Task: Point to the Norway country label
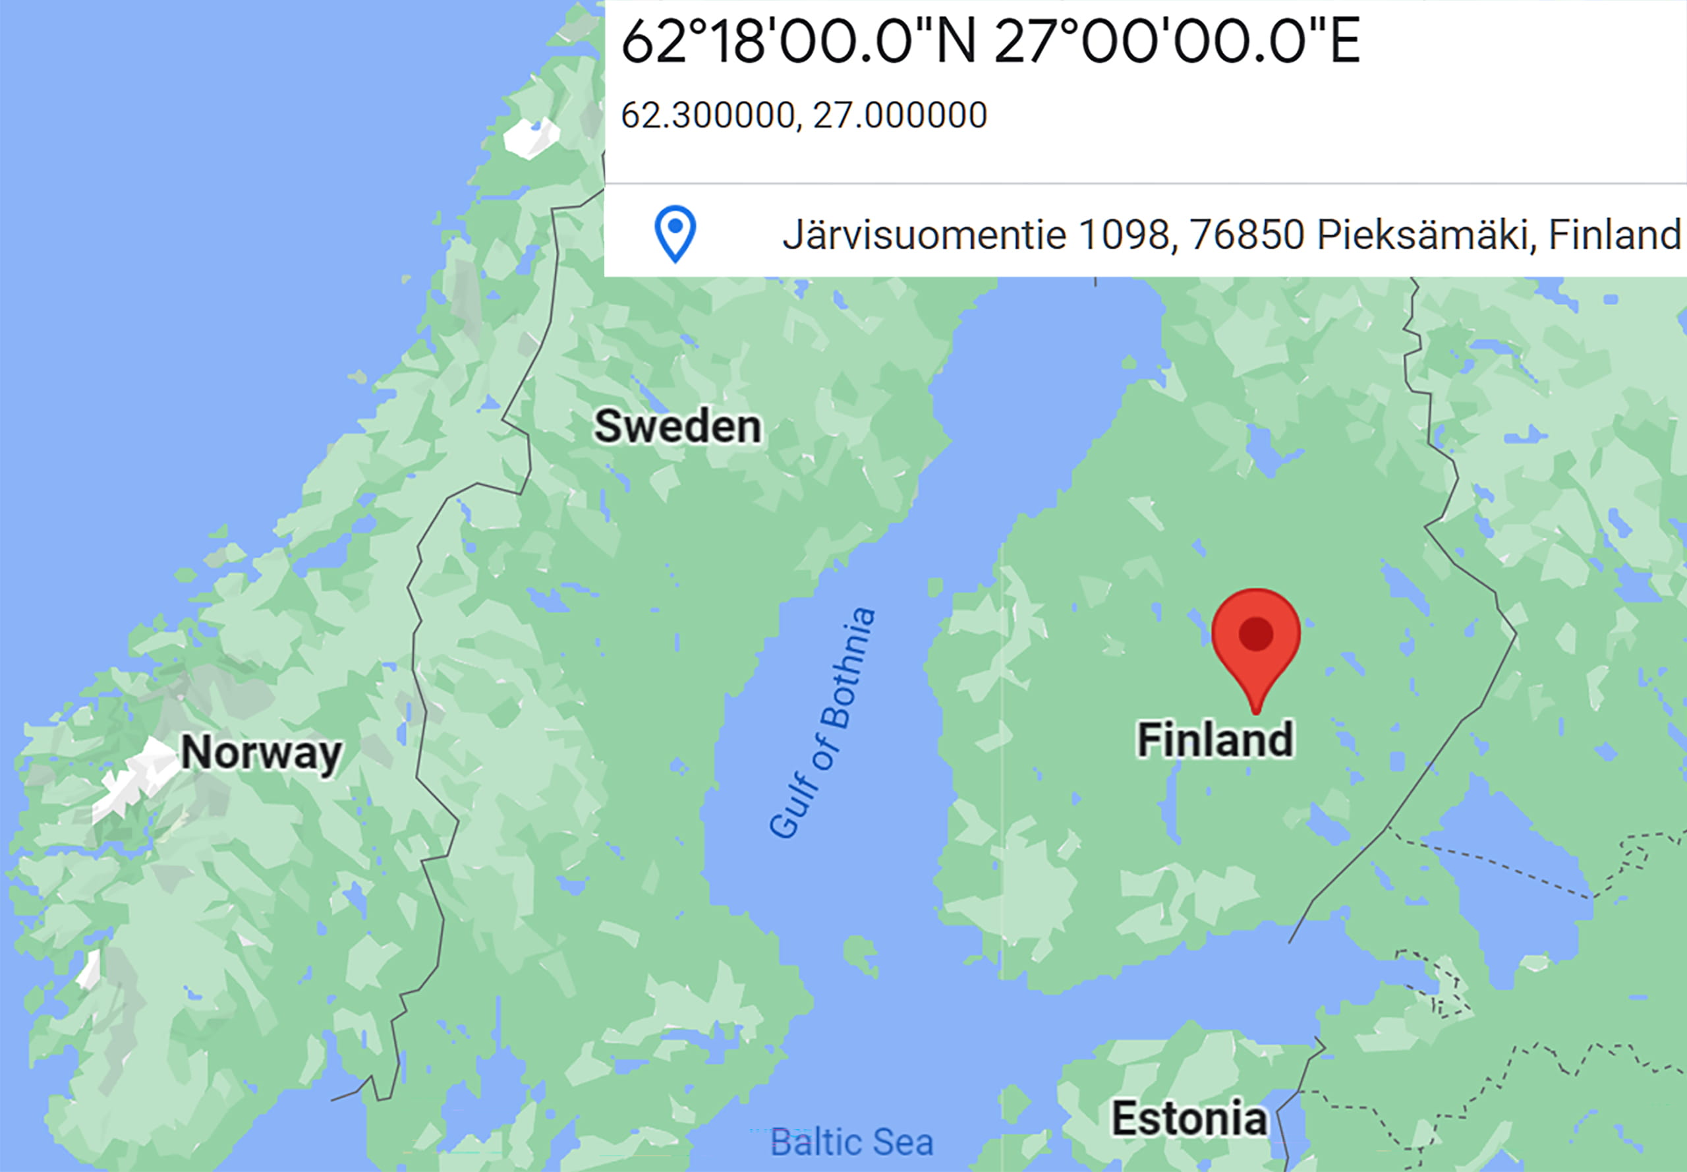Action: tap(262, 752)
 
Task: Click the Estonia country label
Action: tap(1189, 1119)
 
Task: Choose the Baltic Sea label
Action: tap(851, 1142)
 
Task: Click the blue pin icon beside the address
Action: tap(675, 233)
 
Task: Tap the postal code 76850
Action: tap(1247, 235)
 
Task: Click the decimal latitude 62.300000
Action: tap(708, 115)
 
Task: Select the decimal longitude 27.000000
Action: tap(900, 115)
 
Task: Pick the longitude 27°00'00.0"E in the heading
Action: tap(1177, 42)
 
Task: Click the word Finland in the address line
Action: tap(1615, 235)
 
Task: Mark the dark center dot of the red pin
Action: tap(1255, 633)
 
